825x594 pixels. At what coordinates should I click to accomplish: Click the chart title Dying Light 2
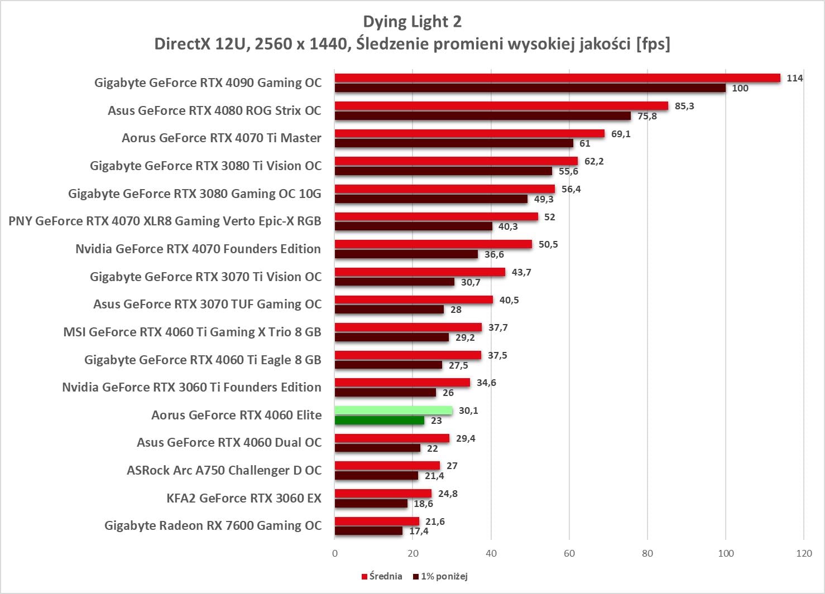click(x=412, y=22)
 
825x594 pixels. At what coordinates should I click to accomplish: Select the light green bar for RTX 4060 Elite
click(x=394, y=411)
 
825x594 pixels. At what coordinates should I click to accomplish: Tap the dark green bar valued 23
click(x=380, y=421)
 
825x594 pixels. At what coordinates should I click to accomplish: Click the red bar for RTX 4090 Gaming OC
click(x=557, y=78)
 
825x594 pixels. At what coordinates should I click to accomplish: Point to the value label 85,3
click(x=684, y=106)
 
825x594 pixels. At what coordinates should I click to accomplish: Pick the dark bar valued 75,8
click(x=483, y=116)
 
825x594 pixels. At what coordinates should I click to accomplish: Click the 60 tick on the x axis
click(x=569, y=553)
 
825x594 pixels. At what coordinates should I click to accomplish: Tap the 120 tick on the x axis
click(x=804, y=553)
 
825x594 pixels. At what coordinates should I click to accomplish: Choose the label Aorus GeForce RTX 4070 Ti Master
click(x=222, y=138)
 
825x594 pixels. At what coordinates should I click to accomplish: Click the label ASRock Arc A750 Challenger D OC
click(x=224, y=470)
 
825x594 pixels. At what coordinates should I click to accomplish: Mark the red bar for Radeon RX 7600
click(x=377, y=521)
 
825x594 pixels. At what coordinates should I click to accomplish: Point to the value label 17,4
click(x=419, y=532)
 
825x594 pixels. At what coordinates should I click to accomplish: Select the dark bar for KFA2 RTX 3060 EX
click(x=371, y=504)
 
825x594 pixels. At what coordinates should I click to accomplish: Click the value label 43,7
click(x=521, y=272)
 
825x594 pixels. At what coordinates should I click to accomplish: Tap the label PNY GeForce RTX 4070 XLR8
click(x=165, y=221)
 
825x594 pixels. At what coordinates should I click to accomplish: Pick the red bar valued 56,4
click(x=445, y=189)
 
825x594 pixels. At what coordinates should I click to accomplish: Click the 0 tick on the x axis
click(x=335, y=553)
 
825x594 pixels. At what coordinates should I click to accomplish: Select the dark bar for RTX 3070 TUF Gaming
click(x=389, y=310)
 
